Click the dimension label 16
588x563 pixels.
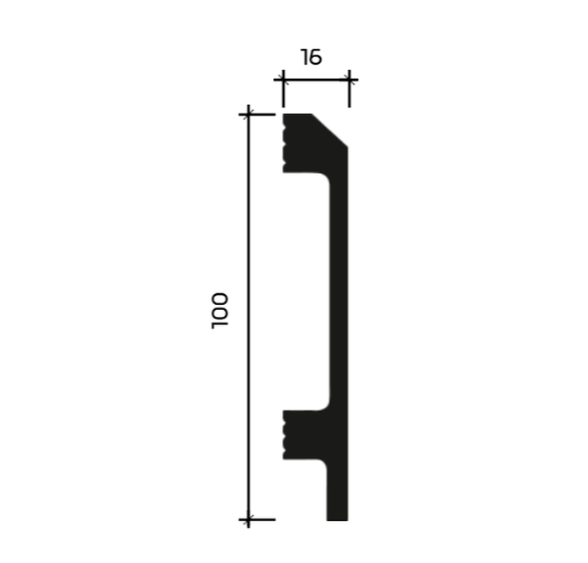[311, 57]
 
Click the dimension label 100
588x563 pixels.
[220, 311]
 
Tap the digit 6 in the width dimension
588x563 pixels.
[315, 57]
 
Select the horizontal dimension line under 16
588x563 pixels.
[316, 80]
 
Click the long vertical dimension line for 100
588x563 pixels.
[249, 316]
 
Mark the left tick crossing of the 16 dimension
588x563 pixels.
[283, 80]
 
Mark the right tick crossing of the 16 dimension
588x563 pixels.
[349, 80]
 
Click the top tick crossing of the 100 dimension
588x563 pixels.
[249, 114]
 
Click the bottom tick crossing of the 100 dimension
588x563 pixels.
[249, 519]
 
